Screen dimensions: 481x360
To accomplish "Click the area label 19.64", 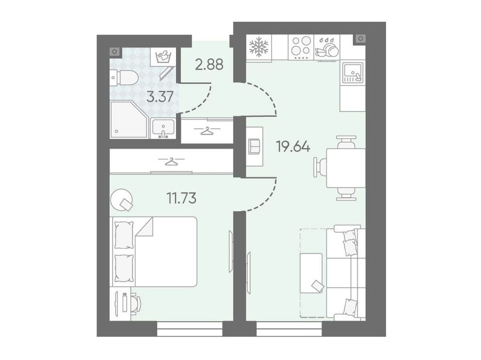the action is click(x=293, y=146).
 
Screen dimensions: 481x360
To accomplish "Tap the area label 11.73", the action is click(x=181, y=198).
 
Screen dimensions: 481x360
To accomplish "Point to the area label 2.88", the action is click(x=209, y=65).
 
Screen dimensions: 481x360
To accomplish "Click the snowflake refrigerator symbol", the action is click(x=259, y=47).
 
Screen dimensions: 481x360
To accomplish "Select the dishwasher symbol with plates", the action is click(x=327, y=47).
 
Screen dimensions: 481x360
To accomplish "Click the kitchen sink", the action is click(x=353, y=72).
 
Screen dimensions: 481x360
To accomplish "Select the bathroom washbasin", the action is click(x=163, y=128).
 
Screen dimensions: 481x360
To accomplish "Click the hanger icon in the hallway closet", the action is click(x=208, y=130).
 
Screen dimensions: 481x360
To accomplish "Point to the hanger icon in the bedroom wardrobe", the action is click(x=171, y=161).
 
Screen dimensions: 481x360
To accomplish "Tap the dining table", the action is click(x=346, y=168).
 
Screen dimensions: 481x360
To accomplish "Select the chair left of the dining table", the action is click(x=320, y=168).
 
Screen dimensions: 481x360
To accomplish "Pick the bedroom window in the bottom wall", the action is click(x=190, y=329).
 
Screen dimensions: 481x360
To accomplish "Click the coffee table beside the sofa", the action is click(x=311, y=273).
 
